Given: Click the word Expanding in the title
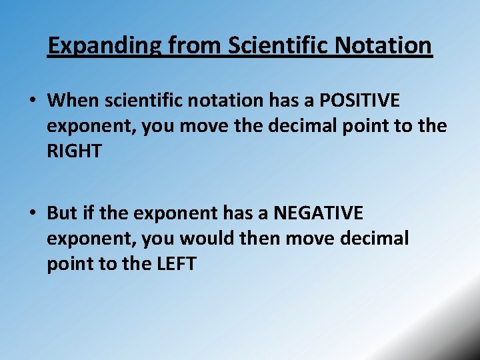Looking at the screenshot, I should click(x=104, y=46).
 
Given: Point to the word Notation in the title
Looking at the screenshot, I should click(x=387, y=46).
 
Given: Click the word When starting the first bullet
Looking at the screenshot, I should click(x=72, y=101).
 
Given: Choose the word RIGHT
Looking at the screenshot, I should click(x=74, y=151).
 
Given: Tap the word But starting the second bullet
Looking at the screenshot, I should click(x=62, y=213).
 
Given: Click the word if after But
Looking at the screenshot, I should click(x=89, y=213).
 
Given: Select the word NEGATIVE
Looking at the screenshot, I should click(x=319, y=213).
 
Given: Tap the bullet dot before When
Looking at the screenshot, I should click(x=32, y=101).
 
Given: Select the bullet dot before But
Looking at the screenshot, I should click(x=32, y=214).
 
